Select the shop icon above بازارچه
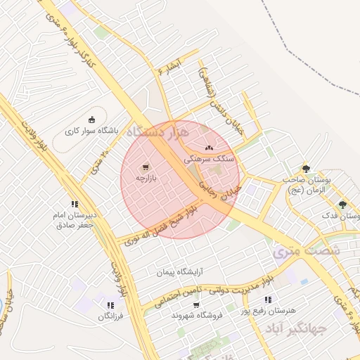pyautogui.click(x=145, y=167)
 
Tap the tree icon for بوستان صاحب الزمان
pyautogui.click(x=305, y=168)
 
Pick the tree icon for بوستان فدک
pyautogui.click(x=342, y=205)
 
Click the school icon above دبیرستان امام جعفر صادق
pyautogui.click(x=75, y=204)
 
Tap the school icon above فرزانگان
pyautogui.click(x=110, y=305)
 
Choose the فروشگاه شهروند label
pyautogui.click(x=197, y=316)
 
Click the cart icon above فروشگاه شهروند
pyautogui.click(x=195, y=304)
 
